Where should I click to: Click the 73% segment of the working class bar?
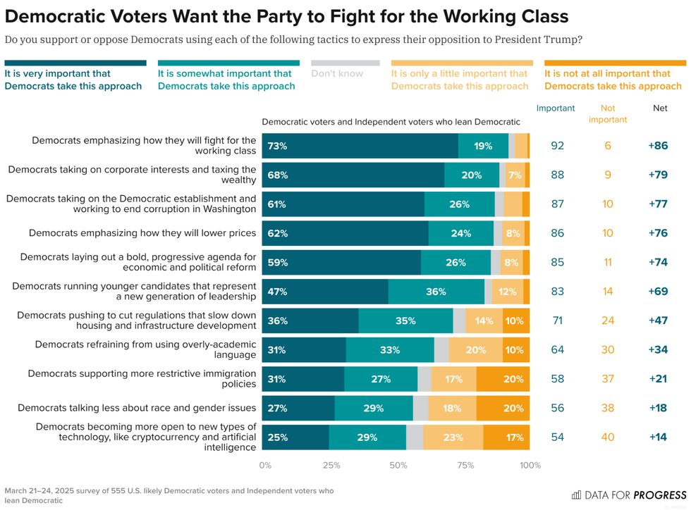tap(360, 146)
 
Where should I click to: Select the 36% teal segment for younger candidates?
tap(436, 291)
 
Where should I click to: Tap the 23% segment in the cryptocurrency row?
tap(453, 437)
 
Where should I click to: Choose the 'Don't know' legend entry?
tap(337, 73)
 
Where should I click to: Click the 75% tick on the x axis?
tap(465, 465)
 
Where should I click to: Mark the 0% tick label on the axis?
tap(266, 465)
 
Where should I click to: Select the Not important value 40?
tap(607, 437)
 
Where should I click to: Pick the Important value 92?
tap(557, 146)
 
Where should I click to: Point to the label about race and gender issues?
tap(137, 407)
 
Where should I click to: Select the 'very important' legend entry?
tap(73, 80)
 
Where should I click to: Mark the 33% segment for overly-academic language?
tap(390, 349)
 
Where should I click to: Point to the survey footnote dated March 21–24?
tap(169, 495)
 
